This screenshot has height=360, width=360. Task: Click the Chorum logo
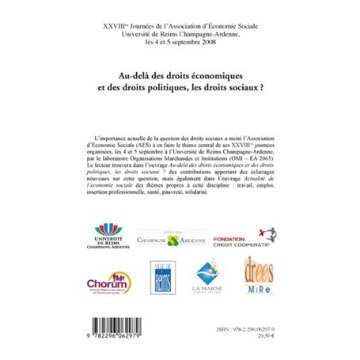coord(108,283)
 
